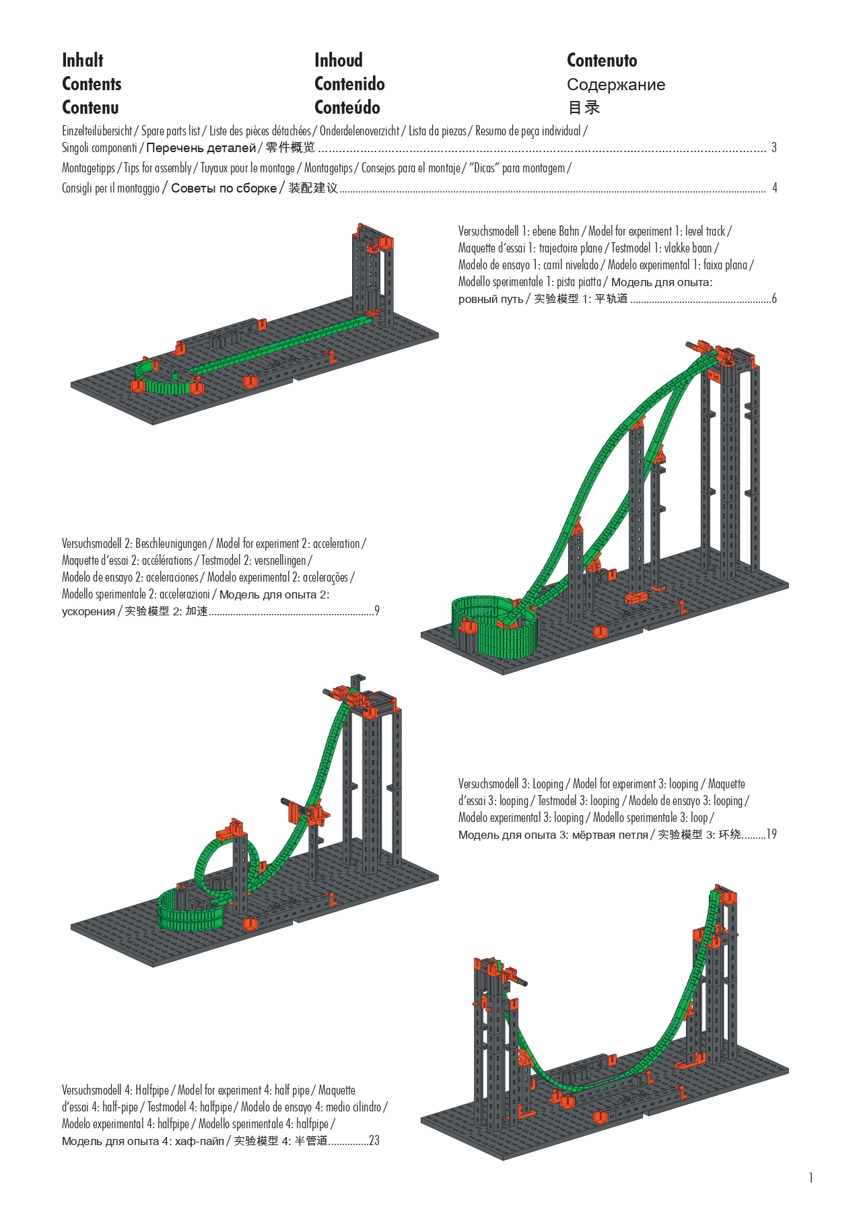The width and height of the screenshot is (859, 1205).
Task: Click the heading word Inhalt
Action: click(82, 60)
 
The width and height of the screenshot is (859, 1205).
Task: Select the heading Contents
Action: click(92, 84)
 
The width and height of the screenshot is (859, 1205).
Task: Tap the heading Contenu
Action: click(90, 108)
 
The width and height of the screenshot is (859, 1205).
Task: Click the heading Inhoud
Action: click(339, 60)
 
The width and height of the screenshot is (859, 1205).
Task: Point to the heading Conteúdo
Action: click(347, 108)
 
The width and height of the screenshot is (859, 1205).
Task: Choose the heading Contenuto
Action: click(602, 60)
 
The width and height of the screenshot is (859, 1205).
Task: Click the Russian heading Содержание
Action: click(616, 85)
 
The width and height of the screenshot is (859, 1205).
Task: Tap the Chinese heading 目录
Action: click(584, 108)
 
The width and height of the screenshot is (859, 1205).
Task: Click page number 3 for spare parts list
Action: click(774, 147)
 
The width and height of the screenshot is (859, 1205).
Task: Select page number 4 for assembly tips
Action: click(774, 188)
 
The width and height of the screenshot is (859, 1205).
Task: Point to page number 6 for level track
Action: click(774, 298)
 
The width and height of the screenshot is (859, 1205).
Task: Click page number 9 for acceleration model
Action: click(377, 611)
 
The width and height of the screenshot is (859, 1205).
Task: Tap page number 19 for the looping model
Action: click(771, 834)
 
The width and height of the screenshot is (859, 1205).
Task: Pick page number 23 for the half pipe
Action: click(374, 1140)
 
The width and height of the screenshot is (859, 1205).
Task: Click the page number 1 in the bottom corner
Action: click(811, 1177)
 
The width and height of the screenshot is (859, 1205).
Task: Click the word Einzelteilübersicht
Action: click(97, 131)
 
